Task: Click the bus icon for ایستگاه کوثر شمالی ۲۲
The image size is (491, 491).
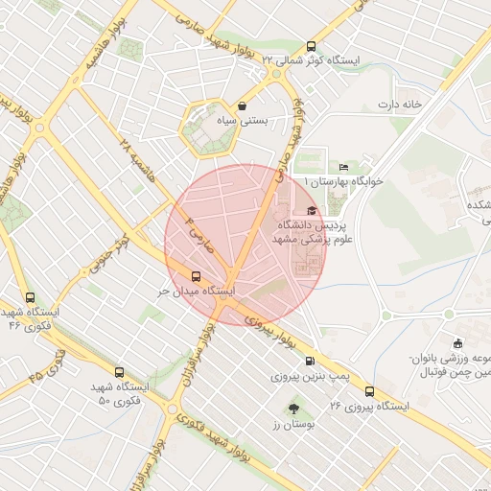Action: [x=310, y=46]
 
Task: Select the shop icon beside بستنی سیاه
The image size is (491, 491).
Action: [x=241, y=106]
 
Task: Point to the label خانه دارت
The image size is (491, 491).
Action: [x=400, y=104]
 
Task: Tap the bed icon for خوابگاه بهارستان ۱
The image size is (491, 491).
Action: [x=344, y=168]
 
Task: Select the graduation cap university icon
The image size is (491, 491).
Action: [x=311, y=211]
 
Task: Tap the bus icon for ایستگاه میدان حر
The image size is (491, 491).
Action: [x=198, y=277]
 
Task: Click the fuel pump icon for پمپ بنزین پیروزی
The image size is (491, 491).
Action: [x=308, y=362]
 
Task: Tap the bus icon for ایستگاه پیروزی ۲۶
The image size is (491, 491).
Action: [x=369, y=391]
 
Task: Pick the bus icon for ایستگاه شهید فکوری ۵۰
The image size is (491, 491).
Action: [x=119, y=372]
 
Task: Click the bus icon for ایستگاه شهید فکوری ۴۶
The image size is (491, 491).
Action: [x=31, y=298]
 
